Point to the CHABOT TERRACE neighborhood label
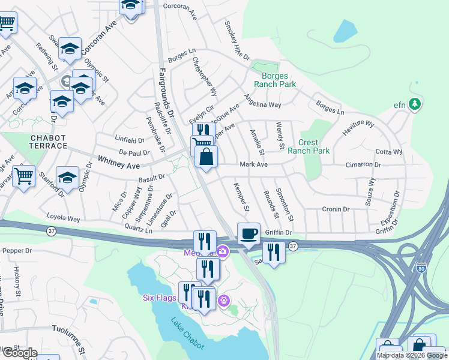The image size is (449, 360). (x=49, y=142)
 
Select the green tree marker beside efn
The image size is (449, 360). (x=415, y=104)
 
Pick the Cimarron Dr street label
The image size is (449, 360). (x=364, y=164)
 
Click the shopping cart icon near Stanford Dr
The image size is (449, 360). (x=23, y=176)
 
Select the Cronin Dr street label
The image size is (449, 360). (x=335, y=209)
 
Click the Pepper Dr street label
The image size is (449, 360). (x=17, y=250)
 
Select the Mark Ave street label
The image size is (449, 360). (x=253, y=164)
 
